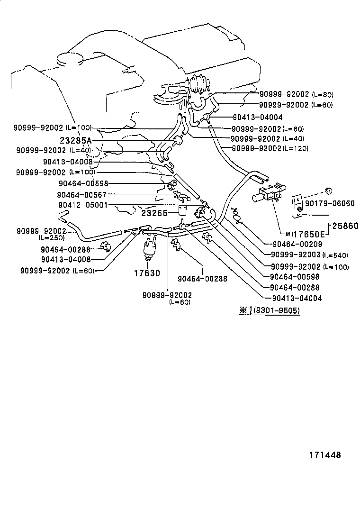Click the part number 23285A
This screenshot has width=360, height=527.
(76, 140)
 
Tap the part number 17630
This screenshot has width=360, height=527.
(148, 273)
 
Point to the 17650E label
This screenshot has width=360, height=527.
(308, 234)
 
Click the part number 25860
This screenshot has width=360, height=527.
(344, 226)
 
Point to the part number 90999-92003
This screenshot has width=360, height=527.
(295, 255)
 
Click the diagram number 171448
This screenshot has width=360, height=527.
(325, 455)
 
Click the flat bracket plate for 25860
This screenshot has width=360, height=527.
(297, 207)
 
